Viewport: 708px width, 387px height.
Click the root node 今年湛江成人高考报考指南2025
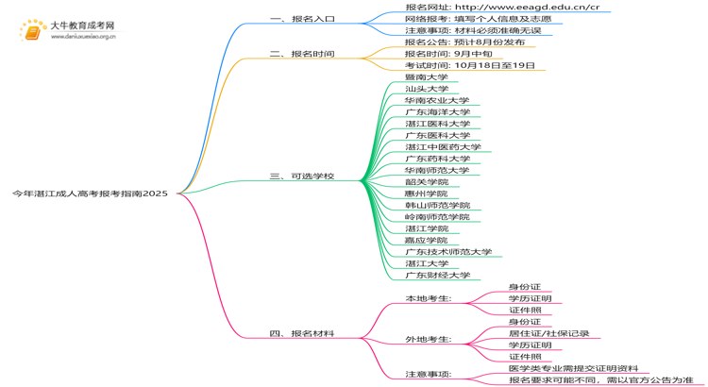tap(90, 193)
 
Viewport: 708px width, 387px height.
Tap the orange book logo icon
tap(33, 32)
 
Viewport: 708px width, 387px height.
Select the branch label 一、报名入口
tap(302, 19)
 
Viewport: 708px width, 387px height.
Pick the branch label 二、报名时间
tap(302, 54)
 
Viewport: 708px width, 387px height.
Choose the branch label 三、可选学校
tap(302, 177)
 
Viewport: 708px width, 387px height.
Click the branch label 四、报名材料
tap(302, 334)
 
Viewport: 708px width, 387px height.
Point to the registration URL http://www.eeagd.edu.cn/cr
tap(528, 8)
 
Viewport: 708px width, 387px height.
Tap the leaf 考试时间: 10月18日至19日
tap(470, 65)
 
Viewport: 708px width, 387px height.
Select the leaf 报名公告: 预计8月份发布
tap(464, 42)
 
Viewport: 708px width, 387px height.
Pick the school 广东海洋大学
tap(437, 112)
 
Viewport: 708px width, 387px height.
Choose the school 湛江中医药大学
tap(443, 147)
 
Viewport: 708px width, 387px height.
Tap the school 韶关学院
tap(427, 182)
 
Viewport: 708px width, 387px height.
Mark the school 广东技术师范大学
tap(448, 252)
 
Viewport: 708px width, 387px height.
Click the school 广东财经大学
tap(437, 276)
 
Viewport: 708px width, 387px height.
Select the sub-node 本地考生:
tap(428, 299)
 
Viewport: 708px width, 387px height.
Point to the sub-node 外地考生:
tap(428, 340)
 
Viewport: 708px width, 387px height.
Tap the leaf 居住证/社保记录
tap(549, 334)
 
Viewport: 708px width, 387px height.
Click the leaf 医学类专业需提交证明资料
tap(573, 368)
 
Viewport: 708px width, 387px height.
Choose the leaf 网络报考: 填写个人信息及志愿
tap(479, 19)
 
